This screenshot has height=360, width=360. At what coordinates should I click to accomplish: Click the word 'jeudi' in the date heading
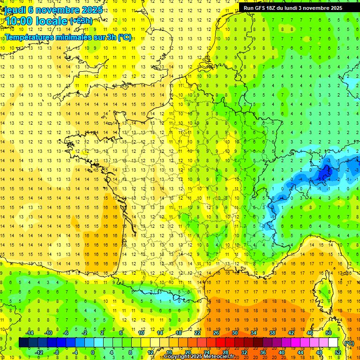(x=15, y=10)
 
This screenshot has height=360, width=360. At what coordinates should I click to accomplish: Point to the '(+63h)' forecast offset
(x=81, y=21)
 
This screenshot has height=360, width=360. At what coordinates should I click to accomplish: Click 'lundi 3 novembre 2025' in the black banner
(x=317, y=8)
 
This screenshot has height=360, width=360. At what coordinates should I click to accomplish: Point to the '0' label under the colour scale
(x=93, y=352)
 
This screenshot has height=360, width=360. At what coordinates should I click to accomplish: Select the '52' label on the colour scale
(x=338, y=352)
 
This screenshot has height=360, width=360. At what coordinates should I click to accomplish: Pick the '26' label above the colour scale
(x=216, y=333)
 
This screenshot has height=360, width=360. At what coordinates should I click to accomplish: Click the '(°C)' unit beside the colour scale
(x=349, y=343)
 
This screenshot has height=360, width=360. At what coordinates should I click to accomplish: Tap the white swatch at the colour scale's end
(x=333, y=343)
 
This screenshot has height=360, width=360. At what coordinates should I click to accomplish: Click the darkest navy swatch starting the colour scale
(x=23, y=343)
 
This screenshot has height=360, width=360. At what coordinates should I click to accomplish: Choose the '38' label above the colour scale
(x=272, y=333)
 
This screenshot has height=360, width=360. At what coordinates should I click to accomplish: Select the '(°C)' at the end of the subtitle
(x=125, y=37)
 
